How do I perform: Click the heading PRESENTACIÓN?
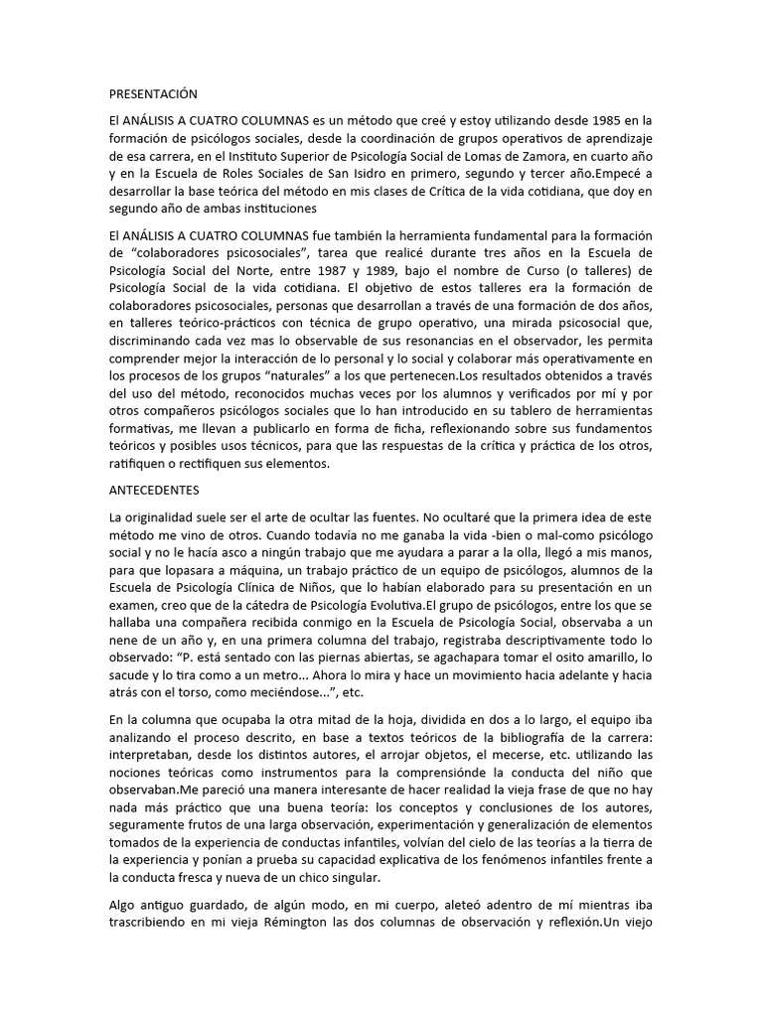click(x=153, y=94)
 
